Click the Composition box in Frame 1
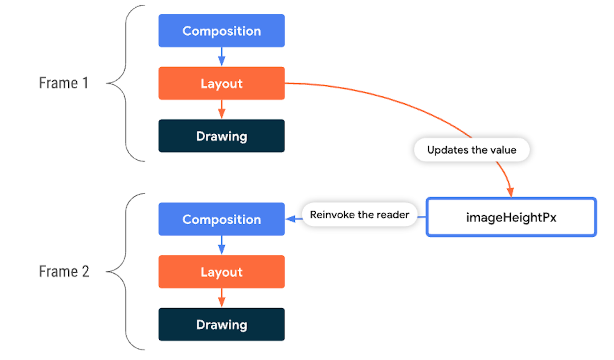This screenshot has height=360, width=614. click(x=221, y=31)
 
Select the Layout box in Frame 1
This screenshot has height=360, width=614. click(x=221, y=83)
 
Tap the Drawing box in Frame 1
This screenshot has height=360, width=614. click(x=221, y=136)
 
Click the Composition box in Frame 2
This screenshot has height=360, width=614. click(x=221, y=219)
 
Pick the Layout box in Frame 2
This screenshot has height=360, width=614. click(x=221, y=272)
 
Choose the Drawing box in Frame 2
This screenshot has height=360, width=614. click(x=221, y=324)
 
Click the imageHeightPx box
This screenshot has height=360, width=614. click(x=511, y=217)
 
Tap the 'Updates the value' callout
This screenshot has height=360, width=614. click(x=472, y=150)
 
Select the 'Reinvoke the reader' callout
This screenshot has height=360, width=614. click(x=359, y=215)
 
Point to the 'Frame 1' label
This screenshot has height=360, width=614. click(x=64, y=83)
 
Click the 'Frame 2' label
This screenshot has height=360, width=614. click(x=64, y=271)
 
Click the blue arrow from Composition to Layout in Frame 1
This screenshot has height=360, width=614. click(x=221, y=57)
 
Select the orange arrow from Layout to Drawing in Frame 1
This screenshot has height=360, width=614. click(x=221, y=109)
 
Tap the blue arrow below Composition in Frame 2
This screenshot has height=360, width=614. click(x=221, y=245)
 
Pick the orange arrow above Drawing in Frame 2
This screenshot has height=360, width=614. click(x=221, y=298)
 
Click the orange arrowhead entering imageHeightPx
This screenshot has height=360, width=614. click(x=510, y=192)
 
